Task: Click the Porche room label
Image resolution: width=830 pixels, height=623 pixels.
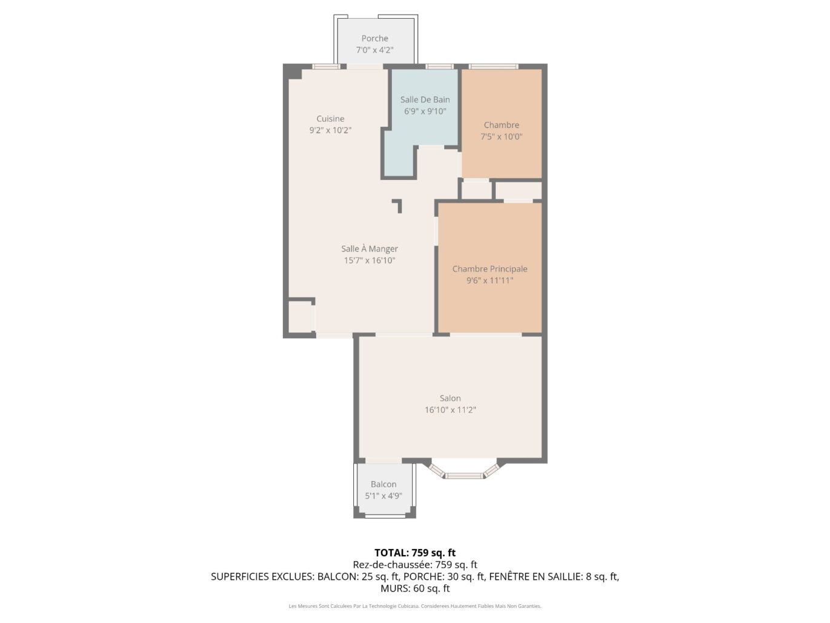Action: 374,39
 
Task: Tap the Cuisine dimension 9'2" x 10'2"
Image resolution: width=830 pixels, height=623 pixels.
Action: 330,130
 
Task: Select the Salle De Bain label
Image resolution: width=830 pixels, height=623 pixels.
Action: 425,100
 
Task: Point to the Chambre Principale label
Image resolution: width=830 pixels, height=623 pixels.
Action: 490,269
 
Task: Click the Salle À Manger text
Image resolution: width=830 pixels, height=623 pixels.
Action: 369,249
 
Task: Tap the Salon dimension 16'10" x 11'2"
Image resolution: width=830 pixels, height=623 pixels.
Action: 450,410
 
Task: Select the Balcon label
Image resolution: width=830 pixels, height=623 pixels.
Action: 383,485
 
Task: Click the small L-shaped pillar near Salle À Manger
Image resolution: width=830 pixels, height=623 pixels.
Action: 397,205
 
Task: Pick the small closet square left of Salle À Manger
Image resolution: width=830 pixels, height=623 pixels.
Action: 299,316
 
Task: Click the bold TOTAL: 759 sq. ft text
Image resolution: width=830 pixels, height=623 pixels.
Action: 415,553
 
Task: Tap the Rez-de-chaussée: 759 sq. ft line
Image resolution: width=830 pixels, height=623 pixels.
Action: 415,565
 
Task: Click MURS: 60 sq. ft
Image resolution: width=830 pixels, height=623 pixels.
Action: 415,588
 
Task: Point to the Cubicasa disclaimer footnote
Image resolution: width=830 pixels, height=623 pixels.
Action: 415,606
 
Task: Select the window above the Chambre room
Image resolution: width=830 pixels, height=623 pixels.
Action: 493,67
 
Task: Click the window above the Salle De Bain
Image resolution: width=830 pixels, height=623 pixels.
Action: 439,67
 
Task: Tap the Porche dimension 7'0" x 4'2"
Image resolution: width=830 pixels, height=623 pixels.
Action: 374,50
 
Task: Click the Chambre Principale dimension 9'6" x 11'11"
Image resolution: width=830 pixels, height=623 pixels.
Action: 490,281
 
